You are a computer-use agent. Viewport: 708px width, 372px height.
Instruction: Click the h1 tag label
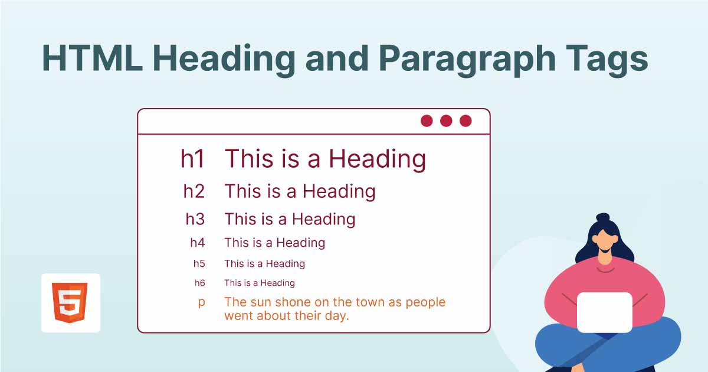192,159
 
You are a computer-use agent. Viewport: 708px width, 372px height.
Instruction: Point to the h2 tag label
194,191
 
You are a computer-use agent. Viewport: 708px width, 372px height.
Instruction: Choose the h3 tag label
195,219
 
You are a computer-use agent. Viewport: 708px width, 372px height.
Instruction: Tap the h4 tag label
197,243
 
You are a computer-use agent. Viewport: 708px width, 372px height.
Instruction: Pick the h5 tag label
199,264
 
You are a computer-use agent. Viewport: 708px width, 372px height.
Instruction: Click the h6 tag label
199,283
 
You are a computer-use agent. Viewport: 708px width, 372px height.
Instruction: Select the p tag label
201,303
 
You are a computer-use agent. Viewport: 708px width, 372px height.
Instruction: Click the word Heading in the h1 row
377,159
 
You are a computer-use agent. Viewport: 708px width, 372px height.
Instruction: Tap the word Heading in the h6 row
277,283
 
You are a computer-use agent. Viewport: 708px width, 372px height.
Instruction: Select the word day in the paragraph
336,316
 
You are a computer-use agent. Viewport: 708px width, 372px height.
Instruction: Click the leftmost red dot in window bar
427,121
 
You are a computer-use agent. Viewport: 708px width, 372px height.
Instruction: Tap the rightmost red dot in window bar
466,121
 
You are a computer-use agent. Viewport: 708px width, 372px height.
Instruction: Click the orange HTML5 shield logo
70,302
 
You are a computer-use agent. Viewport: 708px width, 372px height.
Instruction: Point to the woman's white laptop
604,312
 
